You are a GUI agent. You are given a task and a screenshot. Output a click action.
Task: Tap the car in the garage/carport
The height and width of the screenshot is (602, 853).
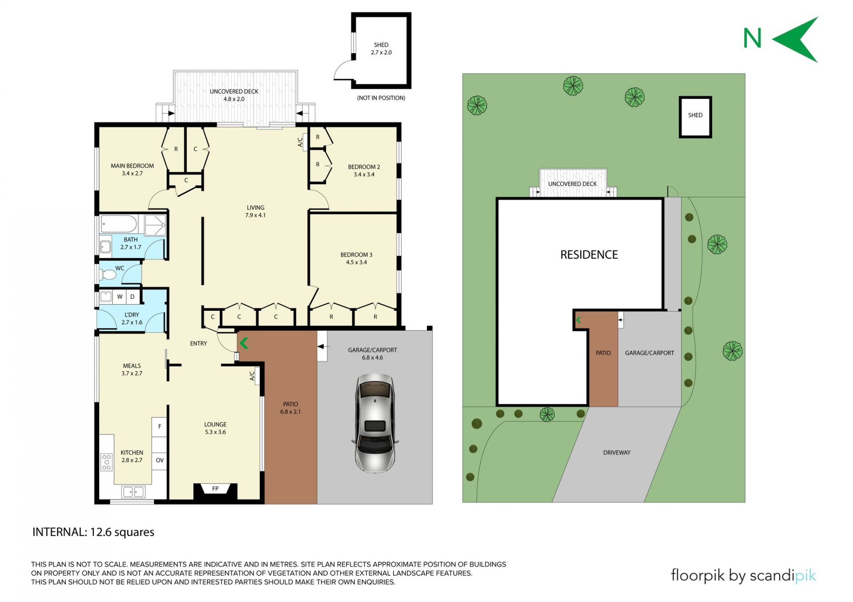[x=375, y=423]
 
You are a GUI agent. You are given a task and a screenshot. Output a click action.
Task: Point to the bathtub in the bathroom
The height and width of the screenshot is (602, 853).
[x=119, y=224]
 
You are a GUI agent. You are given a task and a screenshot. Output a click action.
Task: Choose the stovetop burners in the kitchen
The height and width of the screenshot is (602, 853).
[x=107, y=462]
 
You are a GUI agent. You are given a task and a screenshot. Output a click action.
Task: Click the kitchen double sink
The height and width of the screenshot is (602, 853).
[x=133, y=492]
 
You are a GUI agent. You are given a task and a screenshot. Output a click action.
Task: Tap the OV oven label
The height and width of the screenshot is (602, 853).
[x=160, y=460]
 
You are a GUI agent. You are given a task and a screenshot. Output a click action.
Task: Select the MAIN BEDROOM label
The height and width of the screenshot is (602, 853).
[x=132, y=166]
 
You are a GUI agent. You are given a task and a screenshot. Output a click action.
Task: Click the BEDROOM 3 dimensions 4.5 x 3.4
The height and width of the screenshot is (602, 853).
[x=356, y=262]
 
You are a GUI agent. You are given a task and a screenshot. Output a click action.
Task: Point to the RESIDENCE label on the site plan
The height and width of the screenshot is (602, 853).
[x=589, y=255]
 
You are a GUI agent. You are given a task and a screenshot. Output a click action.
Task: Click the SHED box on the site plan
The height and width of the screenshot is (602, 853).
[x=695, y=117]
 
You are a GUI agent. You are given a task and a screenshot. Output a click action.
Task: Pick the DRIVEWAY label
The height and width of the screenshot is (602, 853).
[x=617, y=453]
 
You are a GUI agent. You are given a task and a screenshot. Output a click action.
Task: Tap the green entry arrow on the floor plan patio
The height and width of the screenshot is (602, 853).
[x=244, y=343]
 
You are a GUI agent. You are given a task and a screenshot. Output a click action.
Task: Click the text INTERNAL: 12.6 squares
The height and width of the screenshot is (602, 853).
[x=93, y=532]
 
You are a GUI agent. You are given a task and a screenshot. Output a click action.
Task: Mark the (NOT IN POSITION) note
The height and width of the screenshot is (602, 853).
[x=381, y=98]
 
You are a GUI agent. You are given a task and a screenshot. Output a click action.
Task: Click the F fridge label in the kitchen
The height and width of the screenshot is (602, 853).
[x=159, y=427]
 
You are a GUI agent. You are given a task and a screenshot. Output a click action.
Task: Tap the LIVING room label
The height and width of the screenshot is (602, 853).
[x=255, y=208]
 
